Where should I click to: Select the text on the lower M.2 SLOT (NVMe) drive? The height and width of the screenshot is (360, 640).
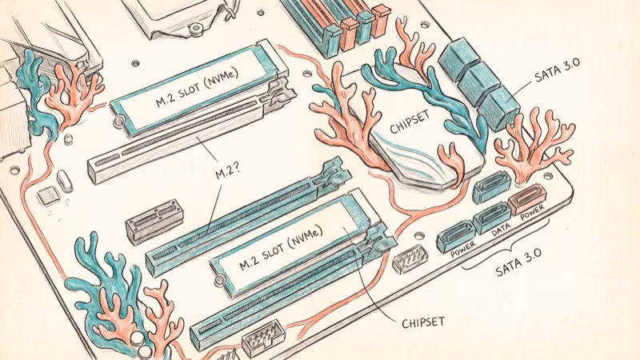281,246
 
